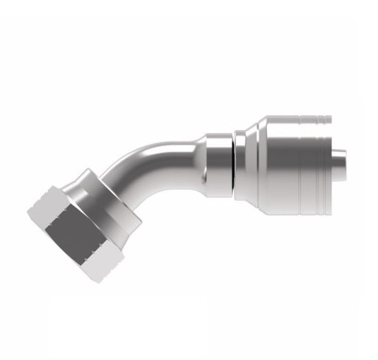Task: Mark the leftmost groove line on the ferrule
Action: (300, 159)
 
